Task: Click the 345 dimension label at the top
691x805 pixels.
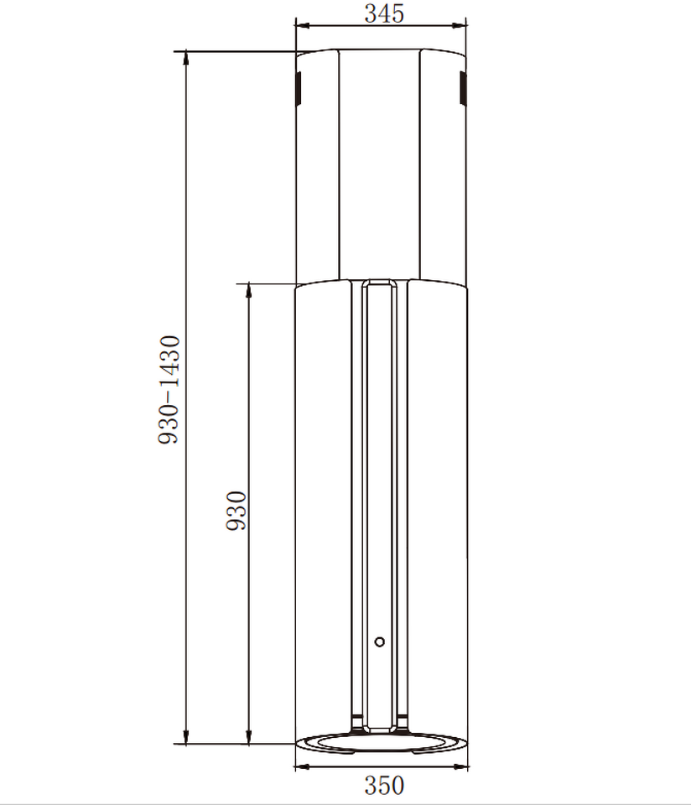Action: tap(384, 13)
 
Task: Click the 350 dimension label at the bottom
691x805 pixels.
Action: tap(384, 786)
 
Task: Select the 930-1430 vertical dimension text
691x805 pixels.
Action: tap(169, 390)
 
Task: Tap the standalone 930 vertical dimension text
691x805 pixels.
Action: tap(236, 511)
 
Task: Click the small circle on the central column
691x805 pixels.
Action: tap(379, 641)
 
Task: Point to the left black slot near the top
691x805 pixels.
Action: tap(299, 88)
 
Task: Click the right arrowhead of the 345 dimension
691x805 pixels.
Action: tap(459, 25)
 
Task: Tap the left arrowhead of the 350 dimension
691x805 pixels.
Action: tap(303, 767)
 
